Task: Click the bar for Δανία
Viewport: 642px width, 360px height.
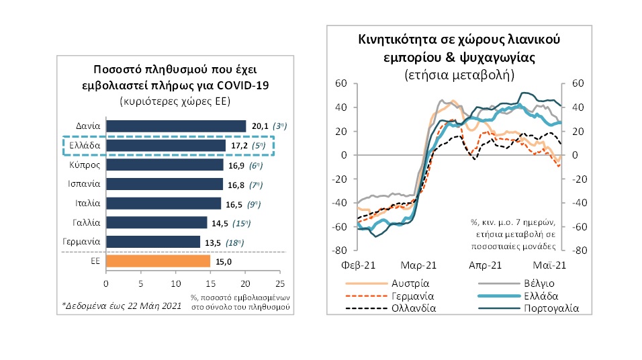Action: click(176, 126)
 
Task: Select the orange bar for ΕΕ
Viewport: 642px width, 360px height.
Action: click(158, 261)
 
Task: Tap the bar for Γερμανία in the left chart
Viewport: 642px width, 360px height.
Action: click(153, 241)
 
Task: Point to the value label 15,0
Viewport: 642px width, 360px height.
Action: click(224, 261)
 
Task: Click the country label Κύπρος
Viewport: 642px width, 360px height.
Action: click(85, 165)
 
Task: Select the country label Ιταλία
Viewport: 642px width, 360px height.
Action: click(88, 203)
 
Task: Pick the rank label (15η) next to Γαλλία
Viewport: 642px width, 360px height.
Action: click(257, 222)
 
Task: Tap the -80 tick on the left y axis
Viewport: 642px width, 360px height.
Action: click(342, 251)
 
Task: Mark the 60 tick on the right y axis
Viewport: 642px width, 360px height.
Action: click(578, 83)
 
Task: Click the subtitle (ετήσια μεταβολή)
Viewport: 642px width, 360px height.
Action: click(460, 74)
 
